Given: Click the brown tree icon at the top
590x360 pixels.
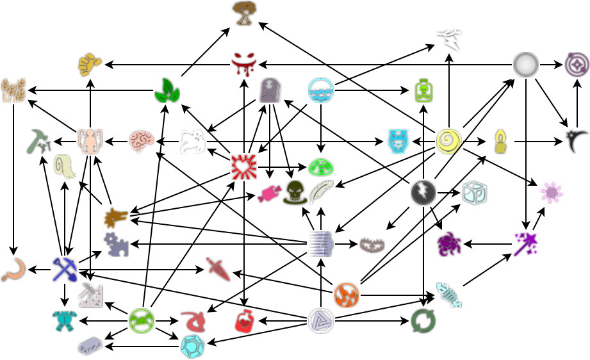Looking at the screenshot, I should [x=244, y=13].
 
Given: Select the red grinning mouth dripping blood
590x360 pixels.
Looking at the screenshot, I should [x=244, y=64].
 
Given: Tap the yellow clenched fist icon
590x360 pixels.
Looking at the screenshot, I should [x=90, y=64].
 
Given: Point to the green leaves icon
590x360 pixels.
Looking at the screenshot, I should [x=167, y=90].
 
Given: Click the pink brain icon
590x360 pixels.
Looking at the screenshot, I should [x=142, y=141].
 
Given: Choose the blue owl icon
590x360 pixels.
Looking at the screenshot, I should [x=398, y=141].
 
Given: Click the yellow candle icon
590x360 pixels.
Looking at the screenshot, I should [x=500, y=141].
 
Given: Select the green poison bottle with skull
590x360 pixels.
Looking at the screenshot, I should [x=423, y=90].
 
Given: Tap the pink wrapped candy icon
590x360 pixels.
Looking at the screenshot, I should [x=269, y=193].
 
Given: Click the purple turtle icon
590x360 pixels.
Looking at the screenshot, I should [x=449, y=243].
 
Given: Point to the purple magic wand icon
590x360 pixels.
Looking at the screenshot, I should [x=526, y=243].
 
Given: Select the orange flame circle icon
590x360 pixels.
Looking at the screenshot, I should [x=347, y=295].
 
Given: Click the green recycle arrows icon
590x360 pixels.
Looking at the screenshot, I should [x=423, y=320].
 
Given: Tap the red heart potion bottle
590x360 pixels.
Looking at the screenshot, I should [x=244, y=320].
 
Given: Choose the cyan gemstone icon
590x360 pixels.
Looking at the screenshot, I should [x=192, y=346].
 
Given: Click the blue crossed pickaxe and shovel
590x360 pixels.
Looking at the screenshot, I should [x=65, y=269].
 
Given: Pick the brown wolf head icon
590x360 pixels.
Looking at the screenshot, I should [x=116, y=218].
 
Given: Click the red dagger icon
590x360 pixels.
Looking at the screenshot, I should [x=218, y=269].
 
